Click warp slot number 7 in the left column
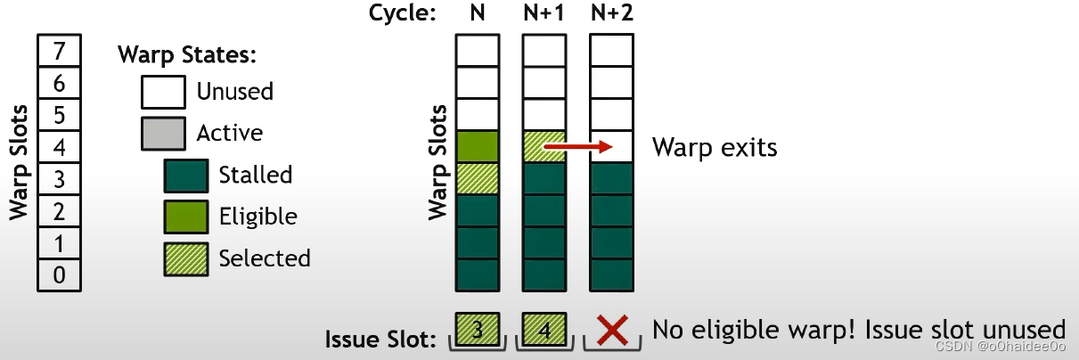click(59, 50)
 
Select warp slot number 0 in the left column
click(59, 274)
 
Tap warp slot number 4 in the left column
click(59, 146)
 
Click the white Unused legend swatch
click(162, 91)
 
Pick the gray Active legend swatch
click(162, 134)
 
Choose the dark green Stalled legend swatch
click(185, 176)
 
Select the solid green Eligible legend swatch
click(185, 217)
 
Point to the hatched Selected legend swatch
click(185, 258)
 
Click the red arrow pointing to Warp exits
click(577, 146)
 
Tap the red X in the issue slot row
click(611, 330)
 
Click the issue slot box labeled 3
click(477, 330)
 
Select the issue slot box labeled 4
click(544, 330)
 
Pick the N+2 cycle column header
click(611, 12)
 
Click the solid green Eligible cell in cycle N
click(477, 146)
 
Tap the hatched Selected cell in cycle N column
click(477, 178)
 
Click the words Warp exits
click(715, 147)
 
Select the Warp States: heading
click(187, 54)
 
